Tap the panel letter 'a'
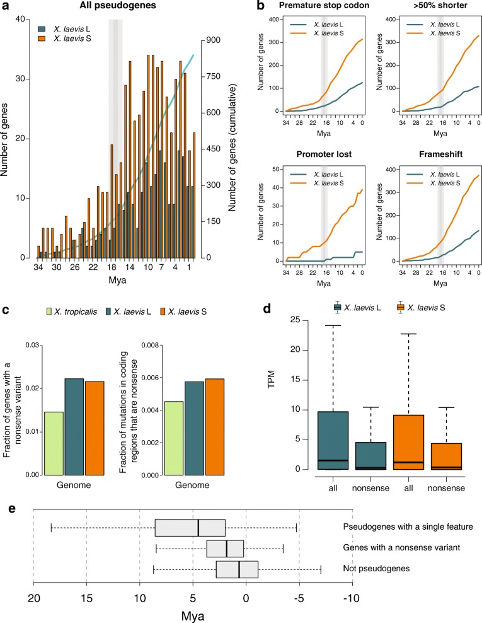pos(5,6)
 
